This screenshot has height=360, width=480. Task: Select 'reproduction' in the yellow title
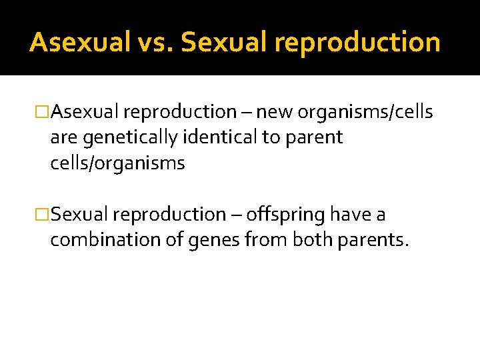(357, 43)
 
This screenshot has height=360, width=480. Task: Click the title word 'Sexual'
(223, 42)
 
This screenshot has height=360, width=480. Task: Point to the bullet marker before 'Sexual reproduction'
(42, 215)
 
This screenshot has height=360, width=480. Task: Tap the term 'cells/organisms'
(117, 163)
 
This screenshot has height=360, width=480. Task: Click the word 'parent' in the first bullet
(316, 138)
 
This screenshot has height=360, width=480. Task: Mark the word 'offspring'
(283, 215)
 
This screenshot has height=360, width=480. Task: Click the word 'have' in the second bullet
(346, 215)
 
